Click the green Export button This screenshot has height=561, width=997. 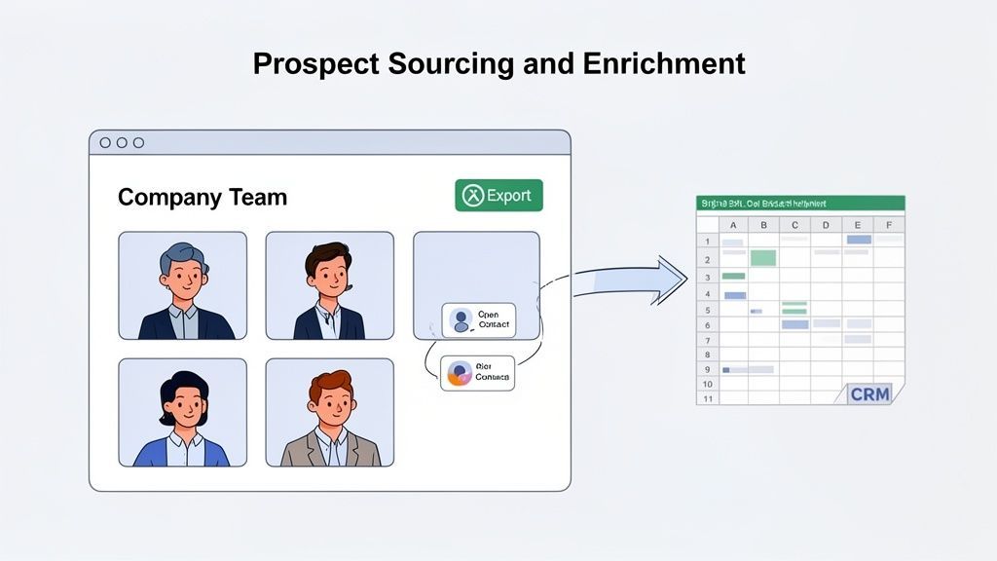[x=498, y=196]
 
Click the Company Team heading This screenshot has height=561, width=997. [x=203, y=198]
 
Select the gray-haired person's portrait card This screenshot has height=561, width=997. [x=183, y=285]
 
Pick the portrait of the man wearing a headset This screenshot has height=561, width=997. [x=329, y=285]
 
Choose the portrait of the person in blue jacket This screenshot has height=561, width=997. [x=183, y=413]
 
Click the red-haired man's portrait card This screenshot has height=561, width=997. [x=329, y=413]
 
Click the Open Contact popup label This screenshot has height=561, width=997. [x=478, y=320]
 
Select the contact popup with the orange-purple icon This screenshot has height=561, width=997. [x=477, y=372]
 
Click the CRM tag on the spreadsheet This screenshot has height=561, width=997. [x=869, y=393]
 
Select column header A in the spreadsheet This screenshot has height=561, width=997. [x=732, y=225]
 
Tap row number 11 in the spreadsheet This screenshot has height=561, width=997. [x=707, y=398]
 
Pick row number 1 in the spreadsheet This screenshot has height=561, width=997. [x=707, y=242]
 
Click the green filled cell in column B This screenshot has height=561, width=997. [x=763, y=258]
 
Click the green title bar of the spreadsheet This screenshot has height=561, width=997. [x=800, y=204]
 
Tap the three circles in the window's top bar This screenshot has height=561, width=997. [x=122, y=142]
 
